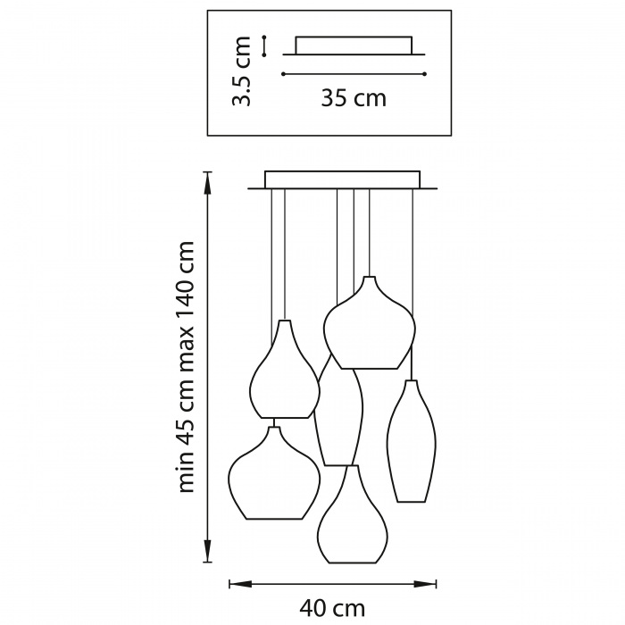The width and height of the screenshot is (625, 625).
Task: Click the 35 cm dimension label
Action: (x=354, y=98)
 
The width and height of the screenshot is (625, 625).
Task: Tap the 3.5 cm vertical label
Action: (x=242, y=71)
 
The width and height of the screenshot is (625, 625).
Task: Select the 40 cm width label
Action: (x=332, y=608)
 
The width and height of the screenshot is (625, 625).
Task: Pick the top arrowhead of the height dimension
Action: (x=207, y=182)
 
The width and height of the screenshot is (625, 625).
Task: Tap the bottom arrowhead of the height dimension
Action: (x=207, y=551)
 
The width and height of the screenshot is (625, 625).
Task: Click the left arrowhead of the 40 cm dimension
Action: (x=240, y=584)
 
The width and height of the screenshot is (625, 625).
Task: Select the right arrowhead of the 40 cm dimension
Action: (x=425, y=584)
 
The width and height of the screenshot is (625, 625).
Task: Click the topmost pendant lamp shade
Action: (x=370, y=323)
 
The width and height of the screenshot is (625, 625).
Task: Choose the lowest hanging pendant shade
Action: (x=353, y=514)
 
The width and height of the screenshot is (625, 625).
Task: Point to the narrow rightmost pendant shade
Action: (x=412, y=441)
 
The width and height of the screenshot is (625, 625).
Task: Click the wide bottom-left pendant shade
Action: (x=274, y=473)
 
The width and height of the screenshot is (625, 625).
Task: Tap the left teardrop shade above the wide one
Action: (x=284, y=369)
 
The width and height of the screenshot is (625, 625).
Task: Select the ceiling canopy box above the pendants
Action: (x=342, y=179)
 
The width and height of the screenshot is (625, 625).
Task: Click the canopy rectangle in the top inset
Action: (x=354, y=46)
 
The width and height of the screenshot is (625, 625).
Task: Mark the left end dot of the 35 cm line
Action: (x=283, y=74)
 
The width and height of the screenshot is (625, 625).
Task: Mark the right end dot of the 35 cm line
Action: (x=425, y=74)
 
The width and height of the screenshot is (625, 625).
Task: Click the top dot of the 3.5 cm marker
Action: (x=264, y=37)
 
